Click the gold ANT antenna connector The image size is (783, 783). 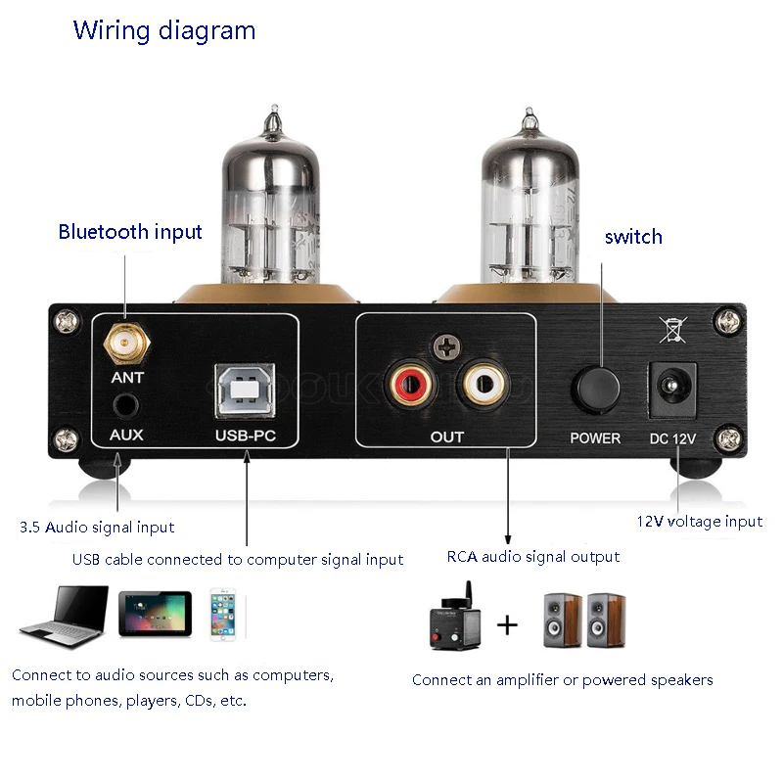click(125, 342)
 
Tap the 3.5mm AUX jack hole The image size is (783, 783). click(125, 403)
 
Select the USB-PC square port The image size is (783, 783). click(246, 389)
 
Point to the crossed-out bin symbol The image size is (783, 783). click(672, 329)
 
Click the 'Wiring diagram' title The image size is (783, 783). click(164, 30)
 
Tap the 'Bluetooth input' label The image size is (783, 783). click(130, 232)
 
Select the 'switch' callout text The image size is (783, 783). click(633, 237)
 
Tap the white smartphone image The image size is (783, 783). click(223, 615)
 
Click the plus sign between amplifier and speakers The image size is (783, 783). click(507, 623)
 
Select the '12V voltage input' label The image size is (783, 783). click(700, 522)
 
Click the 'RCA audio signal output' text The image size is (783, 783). click(533, 557)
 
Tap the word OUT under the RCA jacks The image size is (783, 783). click(447, 437)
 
